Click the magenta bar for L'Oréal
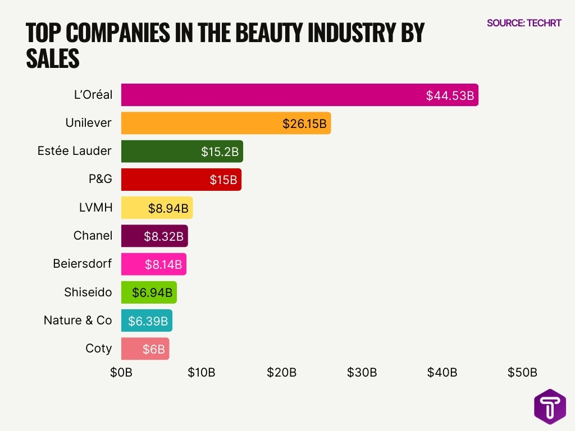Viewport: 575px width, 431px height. pyautogui.click(x=270, y=95)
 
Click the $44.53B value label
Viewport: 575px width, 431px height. pyautogui.click(x=450, y=95)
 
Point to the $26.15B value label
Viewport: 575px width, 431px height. pyautogui.click(x=304, y=123)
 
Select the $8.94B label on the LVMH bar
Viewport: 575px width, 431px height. pyautogui.click(x=168, y=208)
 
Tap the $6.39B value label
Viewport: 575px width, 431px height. pyautogui.click(x=148, y=321)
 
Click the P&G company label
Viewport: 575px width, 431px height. pyautogui.click(x=101, y=179)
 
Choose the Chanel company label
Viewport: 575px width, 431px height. pyautogui.click(x=93, y=236)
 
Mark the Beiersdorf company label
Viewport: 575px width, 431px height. pyautogui.click(x=83, y=264)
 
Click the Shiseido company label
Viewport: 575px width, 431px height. pyautogui.click(x=88, y=292)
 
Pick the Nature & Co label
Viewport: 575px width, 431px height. pyautogui.click(x=78, y=320)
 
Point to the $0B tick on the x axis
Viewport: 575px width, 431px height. pyautogui.click(x=121, y=373)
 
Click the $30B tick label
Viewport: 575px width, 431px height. pyautogui.click(x=362, y=373)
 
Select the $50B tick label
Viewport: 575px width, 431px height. pyautogui.click(x=522, y=373)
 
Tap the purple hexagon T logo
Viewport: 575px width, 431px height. pyautogui.click(x=550, y=406)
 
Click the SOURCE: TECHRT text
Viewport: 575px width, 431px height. pyautogui.click(x=523, y=23)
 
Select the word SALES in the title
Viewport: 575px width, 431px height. pyautogui.click(x=53, y=58)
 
